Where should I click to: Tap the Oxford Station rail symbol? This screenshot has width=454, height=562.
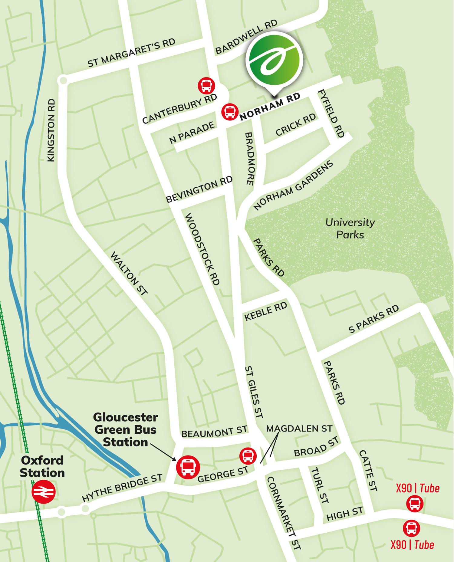click(44, 492)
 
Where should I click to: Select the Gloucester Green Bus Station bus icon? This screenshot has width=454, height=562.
click(188, 467)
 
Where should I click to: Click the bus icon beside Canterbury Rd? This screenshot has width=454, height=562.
click(206, 85)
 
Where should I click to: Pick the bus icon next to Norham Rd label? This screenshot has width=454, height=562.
click(230, 112)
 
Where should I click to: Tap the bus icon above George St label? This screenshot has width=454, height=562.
click(248, 456)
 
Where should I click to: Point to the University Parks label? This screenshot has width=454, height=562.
click(350, 228)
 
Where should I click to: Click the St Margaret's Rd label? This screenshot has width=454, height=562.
click(131, 53)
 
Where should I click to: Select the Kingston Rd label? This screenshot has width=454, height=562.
click(51, 130)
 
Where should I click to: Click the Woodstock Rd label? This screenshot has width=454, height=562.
click(202, 249)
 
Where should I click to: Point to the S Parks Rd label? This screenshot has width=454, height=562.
click(373, 319)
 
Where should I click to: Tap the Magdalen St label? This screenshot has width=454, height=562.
click(299, 429)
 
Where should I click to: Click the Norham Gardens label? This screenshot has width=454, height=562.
click(293, 185)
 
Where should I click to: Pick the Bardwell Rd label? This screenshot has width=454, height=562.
click(246, 37)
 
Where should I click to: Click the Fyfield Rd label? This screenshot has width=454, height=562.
click(331, 113)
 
